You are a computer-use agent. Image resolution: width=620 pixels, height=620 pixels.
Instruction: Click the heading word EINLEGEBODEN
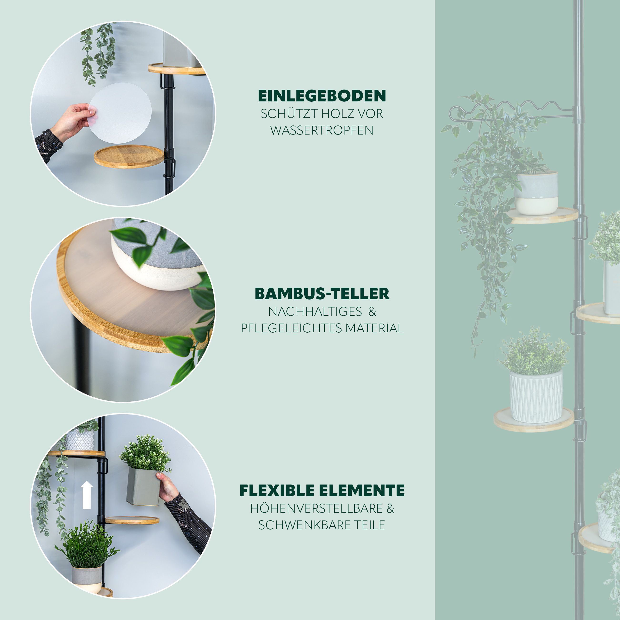pyautogui.click(x=322, y=96)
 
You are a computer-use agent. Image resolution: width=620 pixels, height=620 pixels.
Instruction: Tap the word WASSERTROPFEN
pyautogui.click(x=322, y=130)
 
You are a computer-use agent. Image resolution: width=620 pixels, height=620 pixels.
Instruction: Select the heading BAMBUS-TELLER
pyautogui.click(x=322, y=294)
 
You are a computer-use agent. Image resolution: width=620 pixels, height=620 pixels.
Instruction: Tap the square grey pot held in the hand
pyautogui.click(x=143, y=486)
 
